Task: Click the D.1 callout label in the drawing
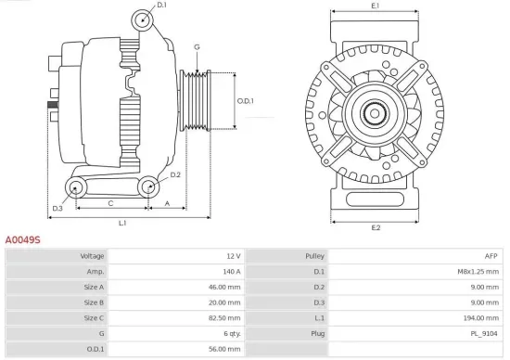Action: pyautogui.click(x=161, y=6)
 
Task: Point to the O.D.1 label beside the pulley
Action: pyautogui.click(x=246, y=101)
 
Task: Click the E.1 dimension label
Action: pyautogui.click(x=376, y=6)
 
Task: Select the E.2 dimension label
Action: pyautogui.click(x=376, y=227)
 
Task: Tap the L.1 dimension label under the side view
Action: pyautogui.click(x=121, y=224)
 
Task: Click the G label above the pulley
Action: pyautogui.click(x=197, y=46)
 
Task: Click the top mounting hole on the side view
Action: pyautogui.click(x=141, y=19)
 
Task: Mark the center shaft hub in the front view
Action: pyautogui.click(x=376, y=114)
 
